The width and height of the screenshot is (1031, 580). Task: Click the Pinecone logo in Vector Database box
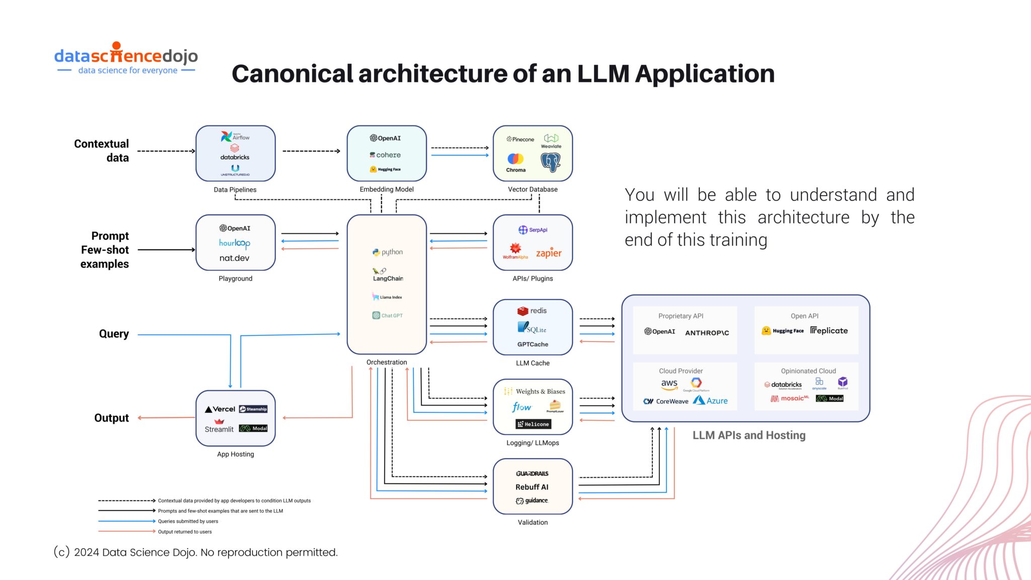521,139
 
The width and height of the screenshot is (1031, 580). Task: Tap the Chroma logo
515,163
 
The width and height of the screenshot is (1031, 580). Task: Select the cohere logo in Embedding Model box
386,155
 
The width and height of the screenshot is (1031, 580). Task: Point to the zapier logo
548,253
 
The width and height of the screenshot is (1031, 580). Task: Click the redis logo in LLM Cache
532,311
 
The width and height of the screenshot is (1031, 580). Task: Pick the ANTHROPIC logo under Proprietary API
707,333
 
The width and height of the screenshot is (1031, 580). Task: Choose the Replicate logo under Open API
829,330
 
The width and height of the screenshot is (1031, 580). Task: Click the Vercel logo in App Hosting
220,409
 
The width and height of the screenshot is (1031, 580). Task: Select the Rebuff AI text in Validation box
532,487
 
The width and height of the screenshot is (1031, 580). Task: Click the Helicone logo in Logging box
533,424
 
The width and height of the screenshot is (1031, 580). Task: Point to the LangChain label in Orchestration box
388,278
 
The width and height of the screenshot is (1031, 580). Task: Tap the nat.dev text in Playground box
234,258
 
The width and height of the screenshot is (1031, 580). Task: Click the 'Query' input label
114,334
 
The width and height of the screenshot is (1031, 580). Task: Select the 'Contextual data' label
102,151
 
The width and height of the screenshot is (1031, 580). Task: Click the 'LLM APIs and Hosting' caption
749,436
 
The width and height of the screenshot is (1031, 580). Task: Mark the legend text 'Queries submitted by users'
188,522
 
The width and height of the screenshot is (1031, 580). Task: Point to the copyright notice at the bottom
195,552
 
